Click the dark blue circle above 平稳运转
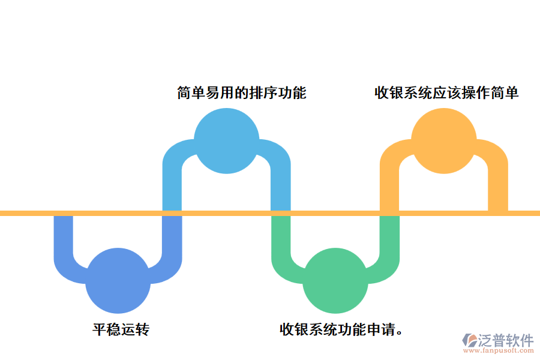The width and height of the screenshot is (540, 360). (x=118, y=280)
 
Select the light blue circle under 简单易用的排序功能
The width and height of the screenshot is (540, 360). (x=226, y=141)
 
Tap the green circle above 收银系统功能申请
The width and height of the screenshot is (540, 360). (x=335, y=280)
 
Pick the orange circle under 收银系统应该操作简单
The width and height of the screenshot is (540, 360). (x=443, y=141)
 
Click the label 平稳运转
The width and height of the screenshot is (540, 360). (x=121, y=329)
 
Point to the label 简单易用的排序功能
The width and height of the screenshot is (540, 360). (x=242, y=93)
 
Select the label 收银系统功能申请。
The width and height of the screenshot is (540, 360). (x=341, y=329)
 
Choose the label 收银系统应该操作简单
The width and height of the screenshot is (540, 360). (x=446, y=93)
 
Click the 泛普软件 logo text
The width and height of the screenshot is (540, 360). (x=506, y=340)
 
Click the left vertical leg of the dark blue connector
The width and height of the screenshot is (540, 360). (x=64, y=237)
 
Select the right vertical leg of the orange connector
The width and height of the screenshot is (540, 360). (x=498, y=186)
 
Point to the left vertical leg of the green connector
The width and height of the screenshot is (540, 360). (x=281, y=237)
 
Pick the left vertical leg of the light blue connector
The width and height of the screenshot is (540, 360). (x=173, y=186)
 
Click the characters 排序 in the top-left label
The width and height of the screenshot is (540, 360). (x=264, y=93)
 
